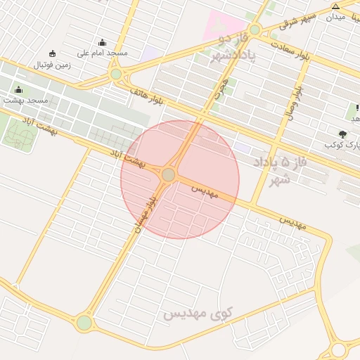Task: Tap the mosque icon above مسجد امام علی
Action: click(x=103, y=43)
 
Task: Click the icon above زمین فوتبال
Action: click(x=52, y=54)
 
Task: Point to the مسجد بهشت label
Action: click(x=26, y=101)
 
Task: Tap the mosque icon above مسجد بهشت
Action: click(x=18, y=90)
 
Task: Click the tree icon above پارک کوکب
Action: click(x=342, y=134)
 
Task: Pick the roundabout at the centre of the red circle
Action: click(x=168, y=174)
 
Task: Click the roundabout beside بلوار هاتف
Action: click(x=116, y=73)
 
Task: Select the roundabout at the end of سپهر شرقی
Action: click(x=255, y=30)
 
